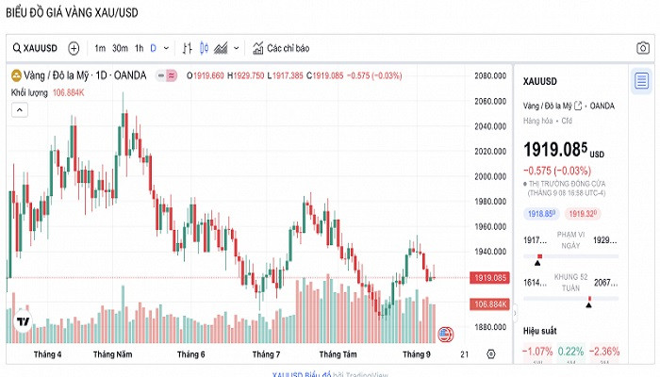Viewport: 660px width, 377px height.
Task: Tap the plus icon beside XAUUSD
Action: click(74, 48)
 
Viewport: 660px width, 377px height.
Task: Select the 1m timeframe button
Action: click(99, 48)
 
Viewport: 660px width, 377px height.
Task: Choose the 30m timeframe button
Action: click(120, 48)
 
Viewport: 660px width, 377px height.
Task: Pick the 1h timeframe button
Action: click(139, 48)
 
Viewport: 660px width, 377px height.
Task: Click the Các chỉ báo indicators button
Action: click(281, 48)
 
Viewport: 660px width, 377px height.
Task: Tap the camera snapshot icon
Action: click(642, 48)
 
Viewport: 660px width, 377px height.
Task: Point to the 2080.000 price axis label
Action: click(491, 76)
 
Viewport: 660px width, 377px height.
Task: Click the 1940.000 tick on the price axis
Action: click(491, 252)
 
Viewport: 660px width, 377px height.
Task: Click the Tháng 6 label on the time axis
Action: click(190, 354)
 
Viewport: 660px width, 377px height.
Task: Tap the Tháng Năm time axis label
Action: click(112, 354)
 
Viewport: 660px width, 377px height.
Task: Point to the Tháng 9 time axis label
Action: click(417, 354)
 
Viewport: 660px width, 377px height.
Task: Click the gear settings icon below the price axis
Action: click(490, 354)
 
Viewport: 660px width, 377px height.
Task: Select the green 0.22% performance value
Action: click(570, 352)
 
